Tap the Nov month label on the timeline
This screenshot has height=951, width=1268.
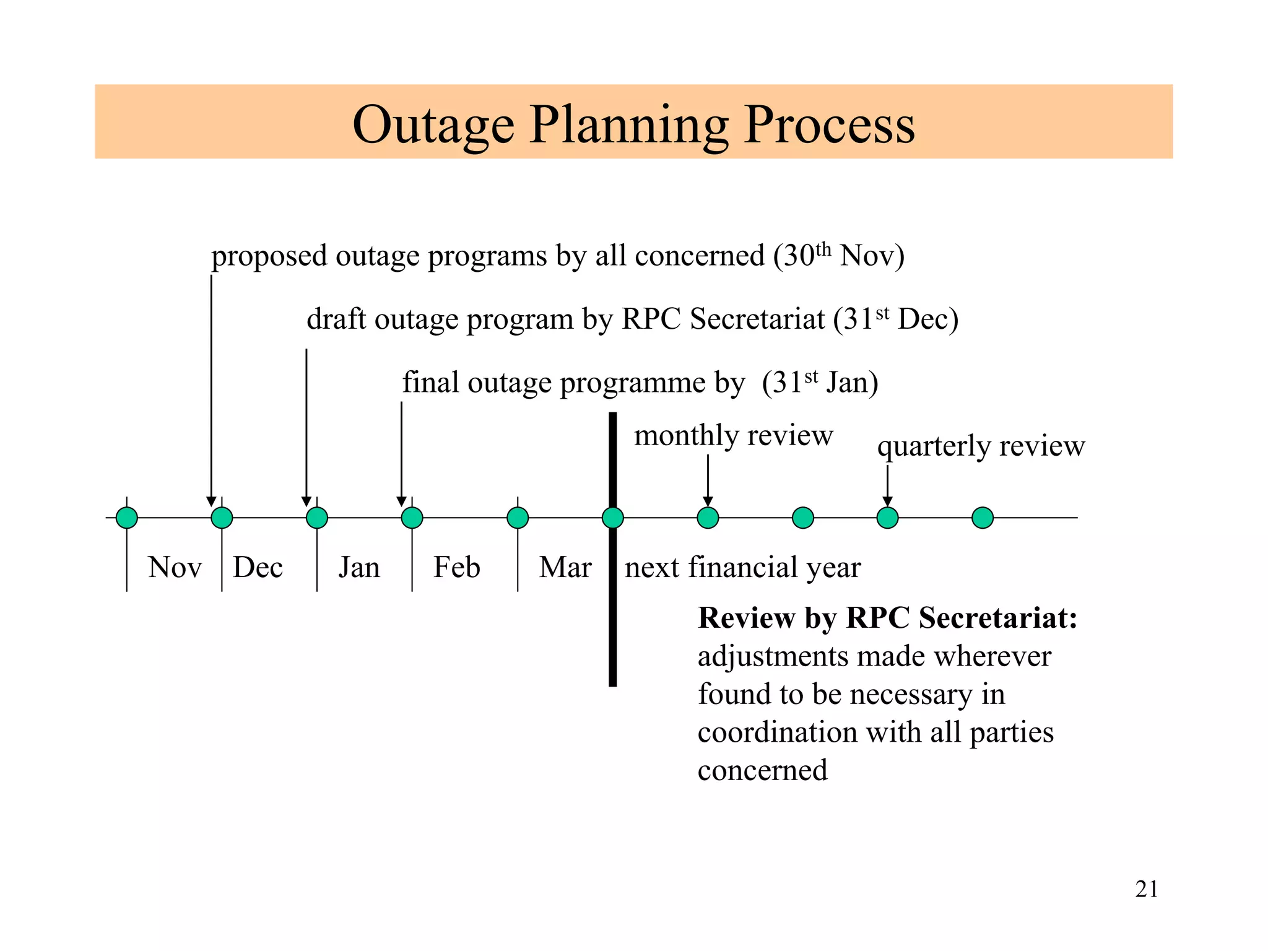coord(175,567)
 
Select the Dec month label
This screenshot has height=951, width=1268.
coord(258,567)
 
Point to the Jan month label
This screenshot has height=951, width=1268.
coord(359,567)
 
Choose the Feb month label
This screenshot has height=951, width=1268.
coord(456,567)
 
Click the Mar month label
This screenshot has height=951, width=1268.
coord(565,567)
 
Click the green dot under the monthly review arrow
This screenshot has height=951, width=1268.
coord(708,518)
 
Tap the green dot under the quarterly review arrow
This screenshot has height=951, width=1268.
coord(887,518)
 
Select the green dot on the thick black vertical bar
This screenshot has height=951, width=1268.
coord(612,518)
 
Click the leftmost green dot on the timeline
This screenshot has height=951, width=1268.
coord(127,518)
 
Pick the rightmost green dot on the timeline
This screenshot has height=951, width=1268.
coord(982,518)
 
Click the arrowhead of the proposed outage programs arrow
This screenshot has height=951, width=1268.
coord(211,502)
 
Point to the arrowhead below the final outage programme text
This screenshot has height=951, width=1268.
coord(401,502)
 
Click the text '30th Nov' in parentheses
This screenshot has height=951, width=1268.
coord(839,255)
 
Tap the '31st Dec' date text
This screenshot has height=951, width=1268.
coord(895,319)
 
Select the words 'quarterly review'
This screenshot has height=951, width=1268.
coord(981,446)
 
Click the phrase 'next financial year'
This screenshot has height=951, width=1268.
coord(742,567)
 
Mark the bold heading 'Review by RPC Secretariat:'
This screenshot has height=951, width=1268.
coord(887,618)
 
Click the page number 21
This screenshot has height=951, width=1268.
coord(1146,889)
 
